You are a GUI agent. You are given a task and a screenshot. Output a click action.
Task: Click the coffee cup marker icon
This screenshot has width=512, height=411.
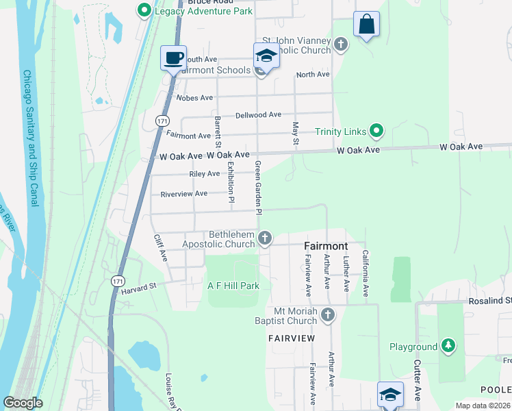tap(174, 58)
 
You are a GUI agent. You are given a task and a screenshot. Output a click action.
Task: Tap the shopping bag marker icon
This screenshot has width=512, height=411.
tap(367, 25)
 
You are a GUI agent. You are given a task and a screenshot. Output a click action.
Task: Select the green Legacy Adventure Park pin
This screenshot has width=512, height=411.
tap(144, 10)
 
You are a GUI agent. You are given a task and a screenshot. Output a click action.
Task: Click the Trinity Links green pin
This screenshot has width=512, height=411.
tap(376, 130)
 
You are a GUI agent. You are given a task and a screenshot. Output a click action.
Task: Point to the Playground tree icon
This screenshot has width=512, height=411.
tap(448, 346)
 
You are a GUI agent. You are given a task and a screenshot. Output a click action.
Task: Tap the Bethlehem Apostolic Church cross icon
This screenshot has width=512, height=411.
tap(265, 238)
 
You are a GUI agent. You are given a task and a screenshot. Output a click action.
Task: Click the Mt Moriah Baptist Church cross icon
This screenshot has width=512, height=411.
tap(328, 315)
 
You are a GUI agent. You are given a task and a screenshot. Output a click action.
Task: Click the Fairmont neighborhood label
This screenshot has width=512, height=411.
tap(326, 246)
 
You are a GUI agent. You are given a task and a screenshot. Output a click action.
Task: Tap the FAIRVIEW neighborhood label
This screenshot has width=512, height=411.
tap(292, 338)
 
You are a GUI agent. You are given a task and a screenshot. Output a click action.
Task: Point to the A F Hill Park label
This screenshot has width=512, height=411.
tap(233, 285)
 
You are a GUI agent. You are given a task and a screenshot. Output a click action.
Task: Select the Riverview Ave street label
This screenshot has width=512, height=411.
tap(183, 194)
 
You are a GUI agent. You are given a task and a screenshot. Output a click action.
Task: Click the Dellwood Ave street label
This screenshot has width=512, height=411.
tap(258, 115)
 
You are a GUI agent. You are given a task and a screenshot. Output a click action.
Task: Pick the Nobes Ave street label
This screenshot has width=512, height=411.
tap(194, 98)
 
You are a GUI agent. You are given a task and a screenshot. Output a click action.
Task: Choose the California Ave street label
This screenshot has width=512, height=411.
tap(366, 273)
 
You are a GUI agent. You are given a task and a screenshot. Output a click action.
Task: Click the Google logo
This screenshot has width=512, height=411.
tap(23, 403)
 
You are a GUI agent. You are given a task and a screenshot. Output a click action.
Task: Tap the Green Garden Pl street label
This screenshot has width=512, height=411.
tap(258, 188)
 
